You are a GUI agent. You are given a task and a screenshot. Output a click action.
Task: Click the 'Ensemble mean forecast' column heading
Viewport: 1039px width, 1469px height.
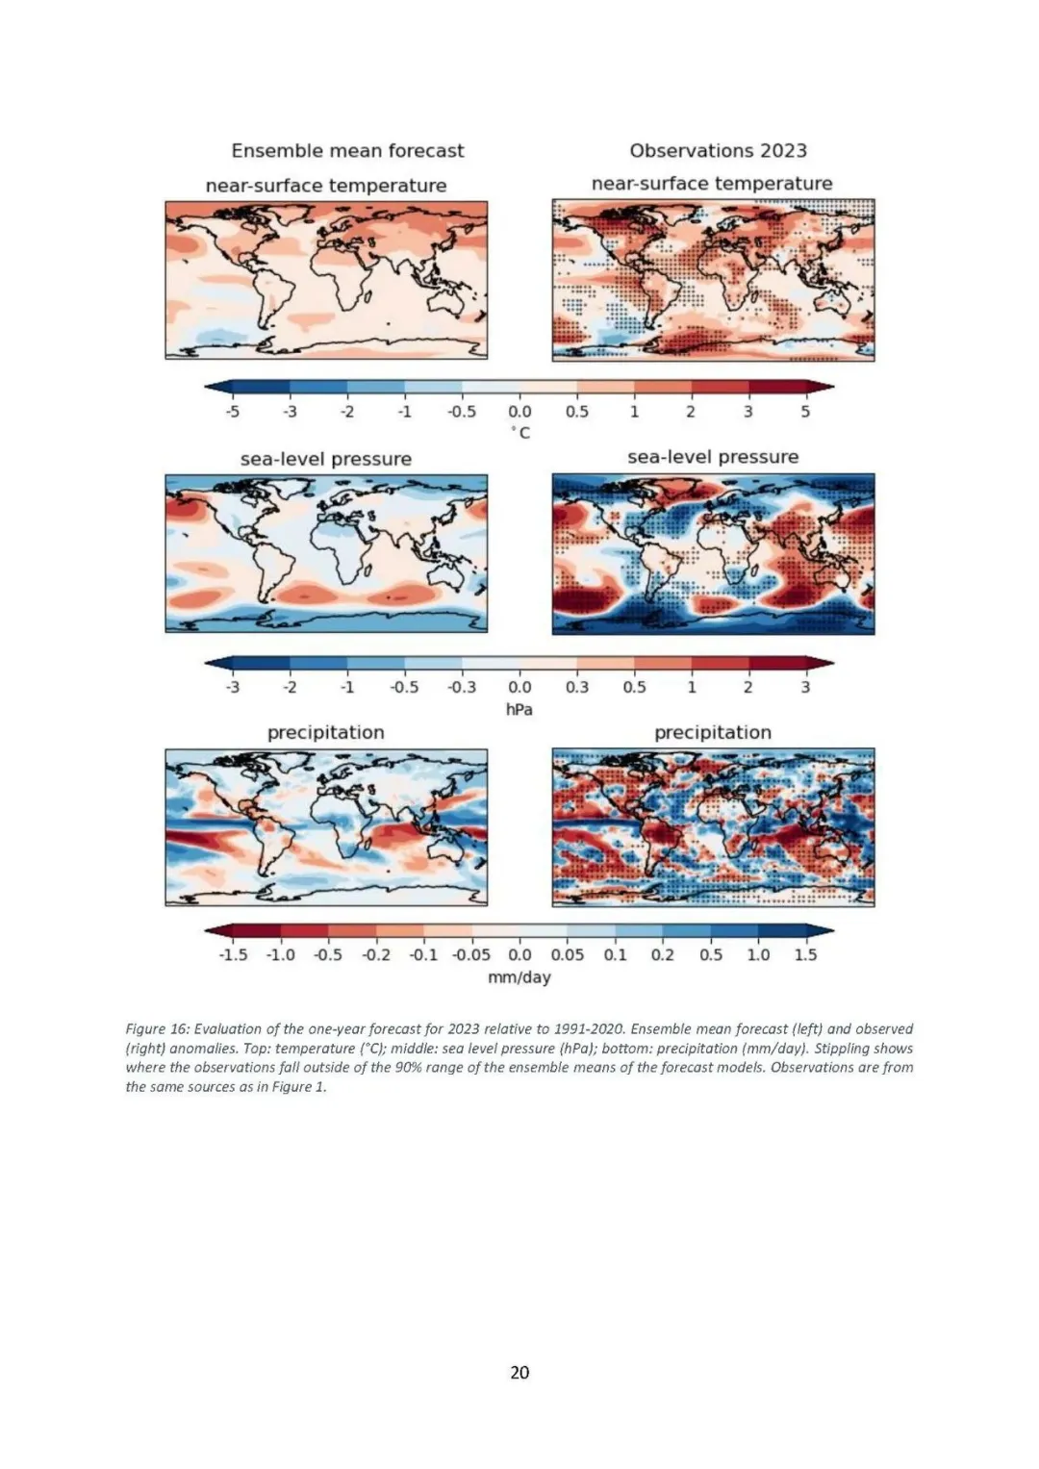tap(347, 151)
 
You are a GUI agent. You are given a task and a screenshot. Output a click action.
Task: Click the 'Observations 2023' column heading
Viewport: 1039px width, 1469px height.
tap(718, 151)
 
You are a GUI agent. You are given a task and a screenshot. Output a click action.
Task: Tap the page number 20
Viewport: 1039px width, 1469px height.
tap(519, 1372)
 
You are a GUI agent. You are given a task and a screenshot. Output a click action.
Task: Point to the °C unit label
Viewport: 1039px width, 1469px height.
tap(519, 433)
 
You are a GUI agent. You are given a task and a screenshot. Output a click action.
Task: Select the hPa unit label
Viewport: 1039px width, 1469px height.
tap(519, 709)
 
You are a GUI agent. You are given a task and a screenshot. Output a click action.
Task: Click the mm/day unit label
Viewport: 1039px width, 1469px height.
tap(519, 977)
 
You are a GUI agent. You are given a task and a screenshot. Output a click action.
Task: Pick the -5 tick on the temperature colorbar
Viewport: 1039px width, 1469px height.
tap(232, 412)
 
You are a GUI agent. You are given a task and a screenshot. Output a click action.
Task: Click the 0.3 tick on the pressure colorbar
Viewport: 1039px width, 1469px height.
tap(576, 688)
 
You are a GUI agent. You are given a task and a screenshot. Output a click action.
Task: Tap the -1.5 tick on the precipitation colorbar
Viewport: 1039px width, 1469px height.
tap(233, 955)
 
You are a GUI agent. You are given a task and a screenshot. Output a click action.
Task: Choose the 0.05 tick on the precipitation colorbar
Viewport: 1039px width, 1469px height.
tap(568, 955)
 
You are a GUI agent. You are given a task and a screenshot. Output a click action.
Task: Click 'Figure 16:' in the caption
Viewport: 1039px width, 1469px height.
tap(157, 1029)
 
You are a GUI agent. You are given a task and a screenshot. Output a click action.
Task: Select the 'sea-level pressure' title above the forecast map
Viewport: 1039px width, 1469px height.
tap(326, 460)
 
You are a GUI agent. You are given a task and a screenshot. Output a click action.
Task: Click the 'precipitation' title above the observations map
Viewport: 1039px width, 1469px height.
tap(713, 733)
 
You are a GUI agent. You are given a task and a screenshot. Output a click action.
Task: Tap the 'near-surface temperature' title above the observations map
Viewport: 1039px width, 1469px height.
tap(712, 184)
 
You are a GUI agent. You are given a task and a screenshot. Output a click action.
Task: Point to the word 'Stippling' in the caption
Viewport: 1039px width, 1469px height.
tap(846, 1049)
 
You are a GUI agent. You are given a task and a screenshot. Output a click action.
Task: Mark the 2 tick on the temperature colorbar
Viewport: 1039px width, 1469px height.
tap(691, 412)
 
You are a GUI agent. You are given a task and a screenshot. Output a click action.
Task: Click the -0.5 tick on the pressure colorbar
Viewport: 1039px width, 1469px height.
tap(404, 688)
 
